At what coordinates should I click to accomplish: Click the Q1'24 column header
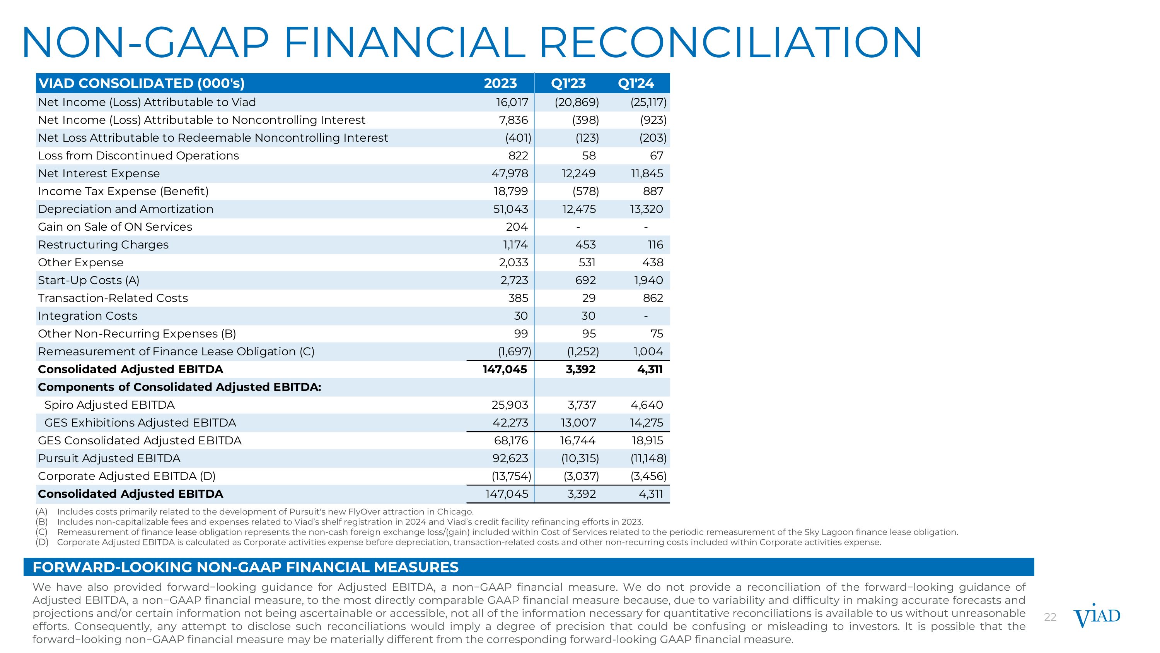click(x=635, y=83)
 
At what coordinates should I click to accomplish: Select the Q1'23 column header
click(x=568, y=83)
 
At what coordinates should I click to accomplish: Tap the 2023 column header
click(x=500, y=83)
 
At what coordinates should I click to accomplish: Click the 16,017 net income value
click(x=512, y=102)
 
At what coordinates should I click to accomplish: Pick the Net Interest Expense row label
click(x=99, y=173)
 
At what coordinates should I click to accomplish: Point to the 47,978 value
click(x=509, y=173)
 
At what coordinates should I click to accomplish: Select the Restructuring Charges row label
click(x=103, y=245)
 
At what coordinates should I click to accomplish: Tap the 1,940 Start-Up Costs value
click(x=648, y=280)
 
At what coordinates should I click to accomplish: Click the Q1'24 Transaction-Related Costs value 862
click(x=653, y=298)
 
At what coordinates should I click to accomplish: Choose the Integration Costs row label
click(x=87, y=316)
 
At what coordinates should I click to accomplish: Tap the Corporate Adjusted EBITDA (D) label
click(x=126, y=476)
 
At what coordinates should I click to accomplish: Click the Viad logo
click(x=1097, y=617)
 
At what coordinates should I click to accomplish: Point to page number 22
click(x=1050, y=617)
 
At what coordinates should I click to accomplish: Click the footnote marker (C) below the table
click(x=42, y=532)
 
